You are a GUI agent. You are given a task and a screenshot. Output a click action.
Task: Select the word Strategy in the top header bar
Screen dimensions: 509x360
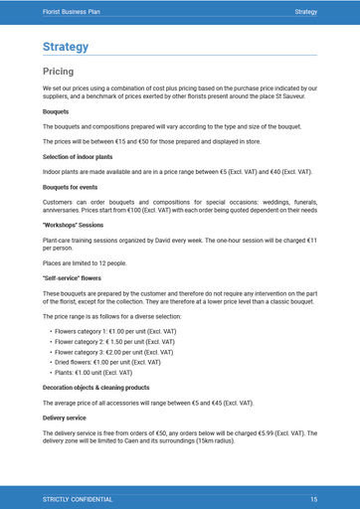click(305, 10)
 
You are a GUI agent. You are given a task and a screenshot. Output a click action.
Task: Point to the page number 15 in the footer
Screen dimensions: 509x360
click(313, 498)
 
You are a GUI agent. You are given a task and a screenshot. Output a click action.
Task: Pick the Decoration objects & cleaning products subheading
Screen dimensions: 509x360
click(95, 387)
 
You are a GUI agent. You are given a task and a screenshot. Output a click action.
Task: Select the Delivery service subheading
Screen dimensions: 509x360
click(64, 418)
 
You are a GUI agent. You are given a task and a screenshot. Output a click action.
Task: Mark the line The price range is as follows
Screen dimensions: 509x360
click(111, 315)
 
